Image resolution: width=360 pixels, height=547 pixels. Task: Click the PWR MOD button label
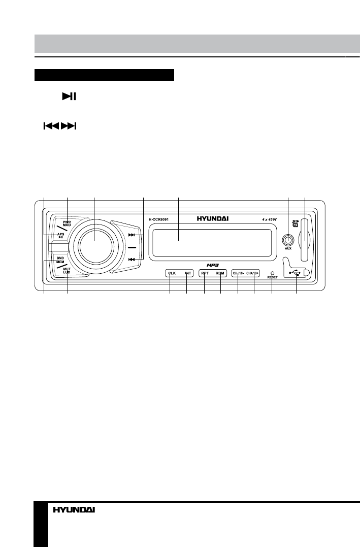67,224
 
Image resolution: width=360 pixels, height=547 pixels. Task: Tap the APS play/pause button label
61,235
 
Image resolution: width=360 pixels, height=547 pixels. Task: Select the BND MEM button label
60,260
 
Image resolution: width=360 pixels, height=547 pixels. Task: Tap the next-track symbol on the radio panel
132,235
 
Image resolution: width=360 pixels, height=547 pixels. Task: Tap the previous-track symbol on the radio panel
132,260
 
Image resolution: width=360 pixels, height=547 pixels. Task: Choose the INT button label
188,273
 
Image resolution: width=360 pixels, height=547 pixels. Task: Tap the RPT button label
205,273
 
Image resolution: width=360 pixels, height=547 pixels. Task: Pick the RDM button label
220,273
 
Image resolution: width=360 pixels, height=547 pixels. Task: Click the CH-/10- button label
239,273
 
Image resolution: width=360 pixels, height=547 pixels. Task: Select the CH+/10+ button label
253,273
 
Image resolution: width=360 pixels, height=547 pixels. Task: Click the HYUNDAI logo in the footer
74,510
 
